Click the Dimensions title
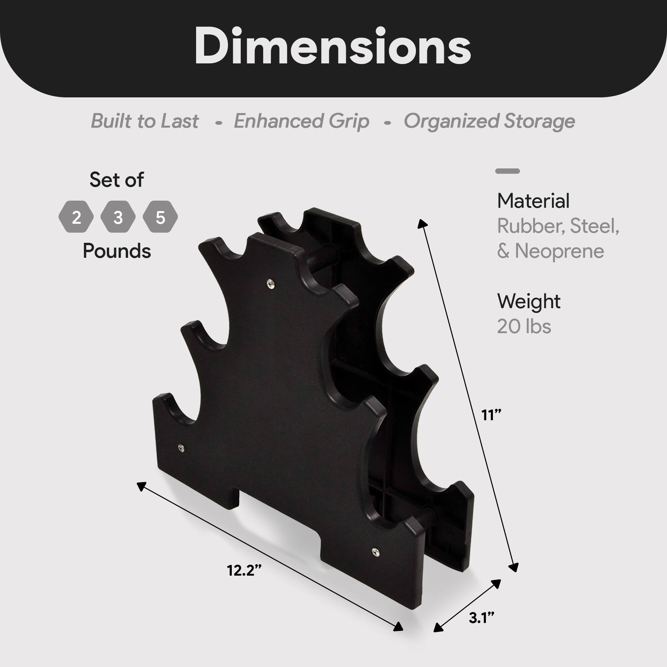click(x=333, y=46)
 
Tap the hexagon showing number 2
click(x=76, y=217)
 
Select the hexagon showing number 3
click(x=118, y=217)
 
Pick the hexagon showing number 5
click(x=160, y=217)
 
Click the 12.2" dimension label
click(x=244, y=570)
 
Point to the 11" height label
click(x=491, y=415)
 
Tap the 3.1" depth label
click(x=481, y=618)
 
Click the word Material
click(x=533, y=201)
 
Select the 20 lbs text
click(x=524, y=326)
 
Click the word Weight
click(x=529, y=301)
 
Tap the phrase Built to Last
click(x=145, y=121)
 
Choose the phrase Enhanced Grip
click(x=301, y=121)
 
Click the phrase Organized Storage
click(x=489, y=121)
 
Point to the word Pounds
click(x=117, y=251)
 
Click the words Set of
click(x=117, y=179)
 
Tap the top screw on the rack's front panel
click(x=271, y=284)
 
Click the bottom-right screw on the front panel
click(x=376, y=552)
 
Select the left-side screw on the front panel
click(x=181, y=448)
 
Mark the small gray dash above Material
click(x=507, y=171)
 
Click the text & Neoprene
click(x=550, y=251)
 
